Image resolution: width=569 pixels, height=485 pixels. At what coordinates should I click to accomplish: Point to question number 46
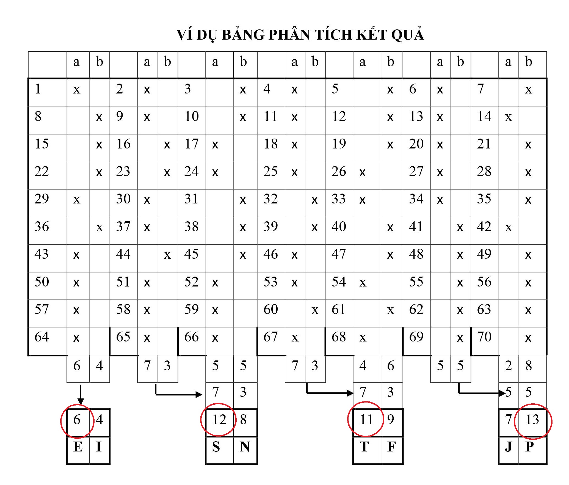[270, 254]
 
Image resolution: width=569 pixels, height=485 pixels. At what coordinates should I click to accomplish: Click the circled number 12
[219, 420]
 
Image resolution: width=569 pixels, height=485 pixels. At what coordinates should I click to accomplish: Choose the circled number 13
[532, 420]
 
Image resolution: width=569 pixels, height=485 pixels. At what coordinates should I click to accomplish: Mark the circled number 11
[366, 420]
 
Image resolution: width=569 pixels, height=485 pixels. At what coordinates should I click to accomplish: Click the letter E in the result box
[78, 447]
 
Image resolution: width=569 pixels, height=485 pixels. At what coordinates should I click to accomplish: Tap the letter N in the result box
[245, 447]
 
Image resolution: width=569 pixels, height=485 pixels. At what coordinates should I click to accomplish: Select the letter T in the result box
[364, 447]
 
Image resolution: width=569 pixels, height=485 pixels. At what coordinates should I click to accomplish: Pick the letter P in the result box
[530, 447]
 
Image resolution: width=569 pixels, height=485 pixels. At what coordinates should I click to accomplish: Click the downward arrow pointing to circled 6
[81, 395]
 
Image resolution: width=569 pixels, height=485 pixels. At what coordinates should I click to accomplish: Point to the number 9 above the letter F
[391, 420]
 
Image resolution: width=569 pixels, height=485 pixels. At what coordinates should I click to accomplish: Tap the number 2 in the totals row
[509, 366]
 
